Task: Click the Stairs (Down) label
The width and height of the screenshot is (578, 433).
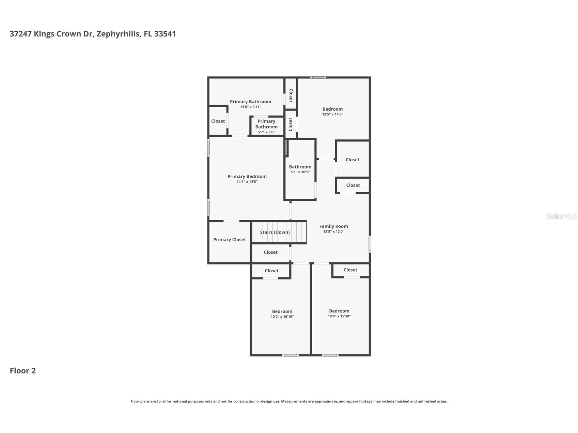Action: [275, 232]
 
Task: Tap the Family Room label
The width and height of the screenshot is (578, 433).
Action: [333, 226]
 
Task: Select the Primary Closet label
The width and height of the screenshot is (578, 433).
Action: [229, 240]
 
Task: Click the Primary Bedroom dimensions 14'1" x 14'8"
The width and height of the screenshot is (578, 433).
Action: [247, 182]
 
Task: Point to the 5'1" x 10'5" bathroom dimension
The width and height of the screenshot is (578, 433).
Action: [300, 172]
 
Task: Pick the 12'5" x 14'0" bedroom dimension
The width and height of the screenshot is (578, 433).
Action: [332, 114]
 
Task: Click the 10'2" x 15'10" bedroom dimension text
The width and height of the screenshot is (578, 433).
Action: [282, 317]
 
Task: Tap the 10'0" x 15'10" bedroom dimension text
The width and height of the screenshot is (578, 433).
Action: [339, 316]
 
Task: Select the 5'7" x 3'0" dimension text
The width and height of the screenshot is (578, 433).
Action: [266, 132]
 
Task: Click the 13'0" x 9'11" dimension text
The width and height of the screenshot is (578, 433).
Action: [250, 107]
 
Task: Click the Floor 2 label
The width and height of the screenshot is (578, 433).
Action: [22, 371]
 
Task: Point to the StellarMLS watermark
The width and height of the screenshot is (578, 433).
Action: [561, 216]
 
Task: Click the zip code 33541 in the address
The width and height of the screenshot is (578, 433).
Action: [165, 34]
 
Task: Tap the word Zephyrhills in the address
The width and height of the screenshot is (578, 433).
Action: [118, 34]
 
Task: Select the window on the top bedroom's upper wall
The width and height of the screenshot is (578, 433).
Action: [318, 78]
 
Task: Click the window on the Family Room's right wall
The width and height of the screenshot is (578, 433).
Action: [370, 244]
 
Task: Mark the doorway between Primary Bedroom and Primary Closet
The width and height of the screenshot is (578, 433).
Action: [231, 221]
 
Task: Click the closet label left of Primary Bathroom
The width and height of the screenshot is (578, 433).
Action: [218, 121]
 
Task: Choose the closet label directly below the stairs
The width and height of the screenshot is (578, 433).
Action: [270, 252]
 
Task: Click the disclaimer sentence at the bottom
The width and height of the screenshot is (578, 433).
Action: [289, 401]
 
